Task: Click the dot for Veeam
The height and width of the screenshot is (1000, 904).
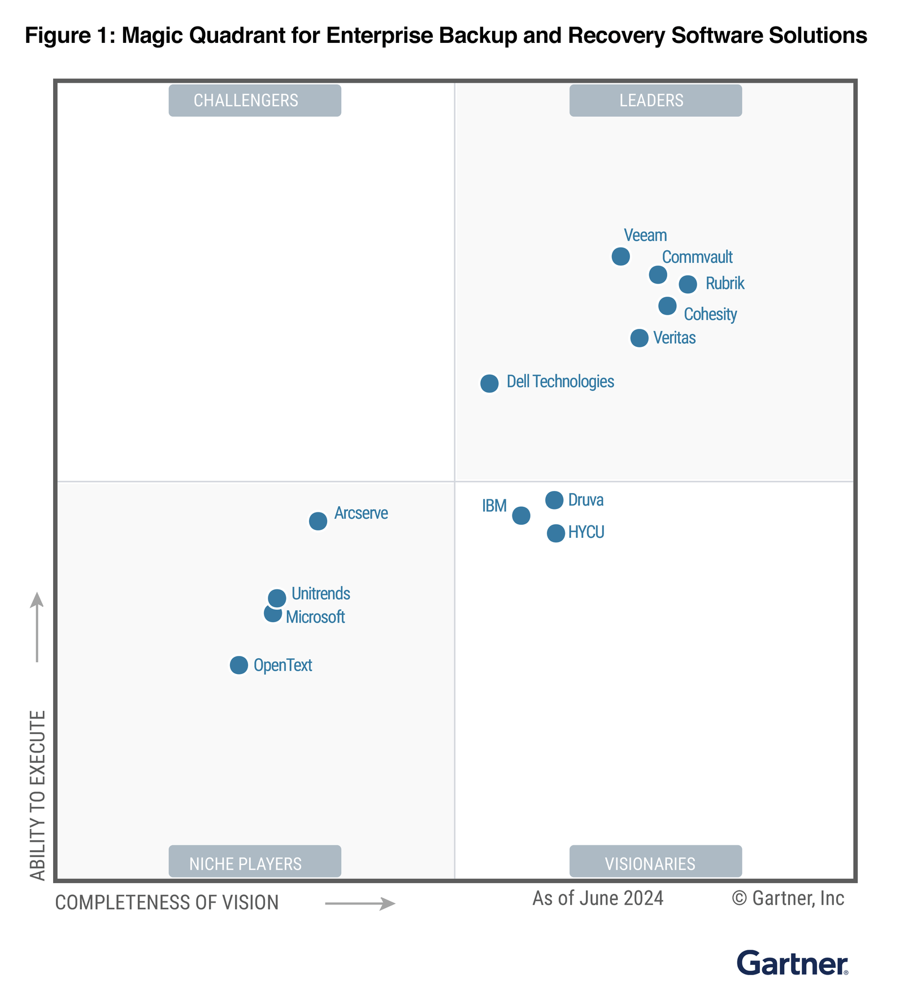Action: click(x=620, y=256)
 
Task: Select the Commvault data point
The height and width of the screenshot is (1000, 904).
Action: click(x=658, y=275)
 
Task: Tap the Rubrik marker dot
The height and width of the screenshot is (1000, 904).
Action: click(x=688, y=284)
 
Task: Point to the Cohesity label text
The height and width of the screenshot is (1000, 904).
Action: click(x=710, y=314)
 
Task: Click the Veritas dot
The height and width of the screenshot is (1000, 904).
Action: click(x=639, y=338)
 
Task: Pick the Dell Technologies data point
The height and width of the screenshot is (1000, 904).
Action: click(x=489, y=383)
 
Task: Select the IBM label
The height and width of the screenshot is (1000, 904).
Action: click(x=494, y=506)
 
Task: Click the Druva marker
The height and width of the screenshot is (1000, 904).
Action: click(x=554, y=500)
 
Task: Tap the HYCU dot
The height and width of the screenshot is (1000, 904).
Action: click(x=556, y=533)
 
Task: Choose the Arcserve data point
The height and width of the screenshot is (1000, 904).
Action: click(x=318, y=521)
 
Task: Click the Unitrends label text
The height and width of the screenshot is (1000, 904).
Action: click(x=320, y=594)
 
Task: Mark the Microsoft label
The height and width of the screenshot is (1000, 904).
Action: click(x=315, y=617)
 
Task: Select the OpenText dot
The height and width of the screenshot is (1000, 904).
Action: click(x=239, y=665)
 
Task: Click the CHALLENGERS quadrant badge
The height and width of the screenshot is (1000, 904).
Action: click(x=255, y=101)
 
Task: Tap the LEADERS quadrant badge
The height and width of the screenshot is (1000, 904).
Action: click(x=655, y=101)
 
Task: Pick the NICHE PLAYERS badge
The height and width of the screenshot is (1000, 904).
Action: click(x=255, y=863)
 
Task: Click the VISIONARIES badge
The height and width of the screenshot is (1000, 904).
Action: click(x=655, y=863)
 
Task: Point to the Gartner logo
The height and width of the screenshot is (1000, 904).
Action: click(x=792, y=963)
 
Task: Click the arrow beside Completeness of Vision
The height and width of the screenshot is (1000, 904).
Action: click(x=360, y=904)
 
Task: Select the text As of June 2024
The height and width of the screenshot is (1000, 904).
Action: click(x=598, y=898)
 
